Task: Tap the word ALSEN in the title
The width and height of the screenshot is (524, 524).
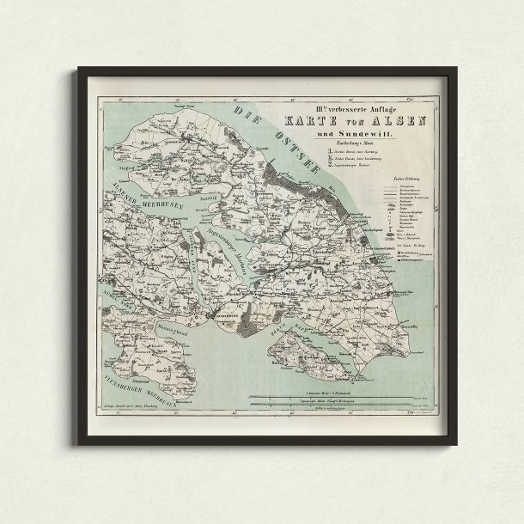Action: click(401, 120)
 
